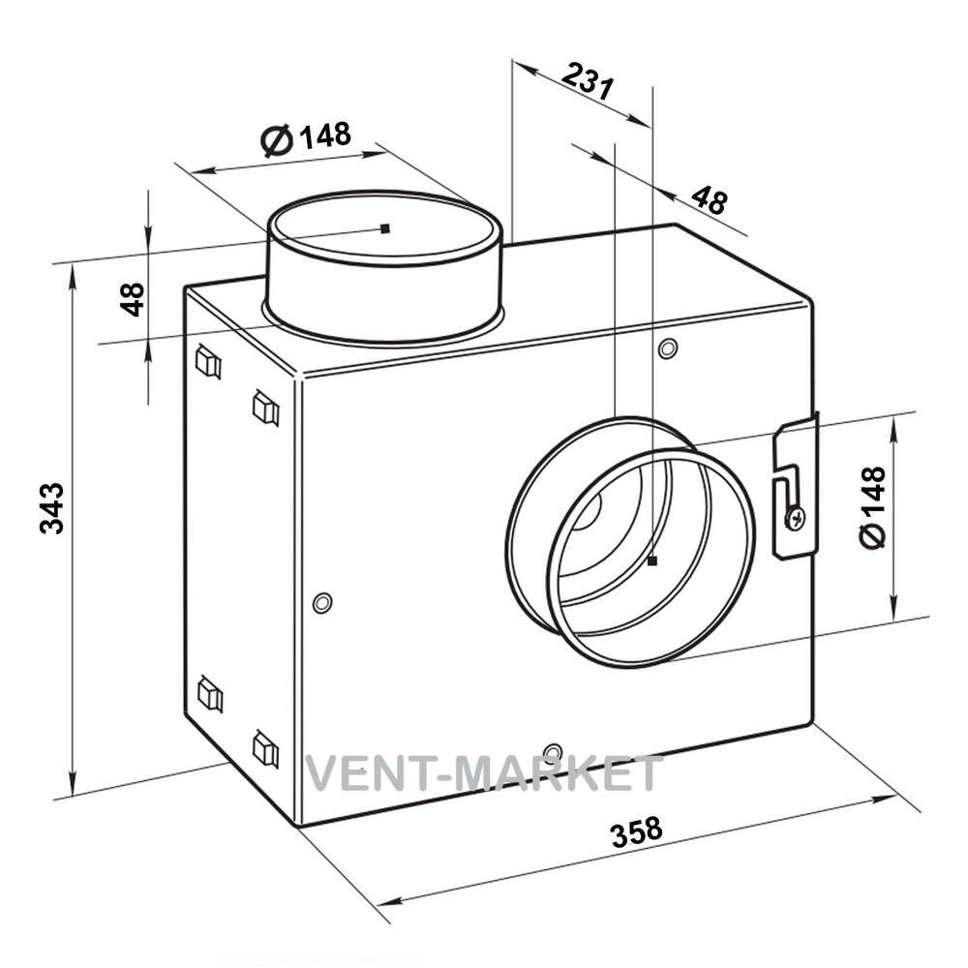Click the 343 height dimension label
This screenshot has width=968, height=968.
coord(52,508)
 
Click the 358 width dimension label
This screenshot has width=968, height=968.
coord(637,832)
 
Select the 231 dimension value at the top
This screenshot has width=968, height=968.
coord(589,81)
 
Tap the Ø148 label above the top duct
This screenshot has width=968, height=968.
coord(306,137)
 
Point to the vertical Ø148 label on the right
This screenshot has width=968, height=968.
coord(872,507)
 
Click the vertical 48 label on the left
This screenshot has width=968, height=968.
coord(132,299)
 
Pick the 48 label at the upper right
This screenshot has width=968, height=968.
coord(710,199)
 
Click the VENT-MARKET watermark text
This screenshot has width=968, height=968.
coord(485,773)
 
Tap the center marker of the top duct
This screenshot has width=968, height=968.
coord(385,228)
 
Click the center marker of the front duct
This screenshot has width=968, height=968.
coord(652,560)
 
